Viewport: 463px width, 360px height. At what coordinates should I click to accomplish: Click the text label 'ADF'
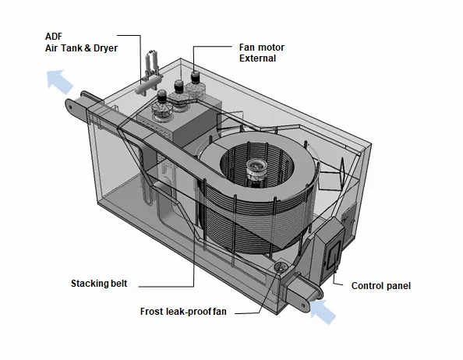click(x=54, y=37)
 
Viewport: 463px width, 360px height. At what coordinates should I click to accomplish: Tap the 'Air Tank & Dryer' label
click(x=81, y=48)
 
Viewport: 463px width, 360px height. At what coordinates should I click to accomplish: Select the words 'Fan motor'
click(x=262, y=48)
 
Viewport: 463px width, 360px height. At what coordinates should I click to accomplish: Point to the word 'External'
click(x=257, y=58)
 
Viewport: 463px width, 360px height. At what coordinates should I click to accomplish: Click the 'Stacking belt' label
click(x=99, y=284)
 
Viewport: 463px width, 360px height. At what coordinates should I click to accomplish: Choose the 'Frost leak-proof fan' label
click(x=183, y=312)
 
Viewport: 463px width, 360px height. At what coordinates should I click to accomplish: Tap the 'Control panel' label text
click(x=381, y=286)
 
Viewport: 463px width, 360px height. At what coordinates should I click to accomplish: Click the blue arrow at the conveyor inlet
click(x=323, y=312)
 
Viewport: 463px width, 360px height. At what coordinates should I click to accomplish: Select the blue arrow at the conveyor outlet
click(x=60, y=82)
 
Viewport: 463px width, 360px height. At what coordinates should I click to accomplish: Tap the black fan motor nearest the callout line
click(x=195, y=77)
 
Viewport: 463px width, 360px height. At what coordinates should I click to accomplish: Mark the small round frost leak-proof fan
click(x=280, y=266)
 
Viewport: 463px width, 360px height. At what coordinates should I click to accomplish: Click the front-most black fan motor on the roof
click(x=162, y=97)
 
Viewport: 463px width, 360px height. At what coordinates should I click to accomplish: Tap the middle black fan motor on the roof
click(x=178, y=86)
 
